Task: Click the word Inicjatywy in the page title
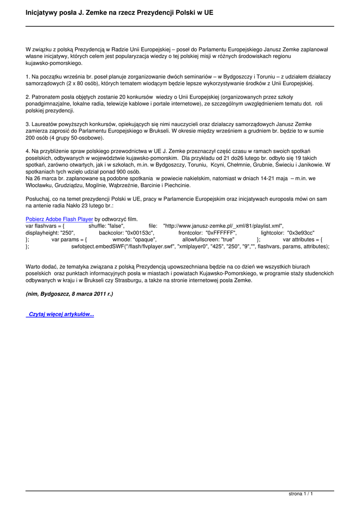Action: click(x=43, y=11)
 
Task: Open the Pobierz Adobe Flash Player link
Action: click(x=59, y=219)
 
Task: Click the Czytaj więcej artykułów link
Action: click(x=61, y=315)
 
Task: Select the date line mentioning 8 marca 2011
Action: click(x=69, y=294)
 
